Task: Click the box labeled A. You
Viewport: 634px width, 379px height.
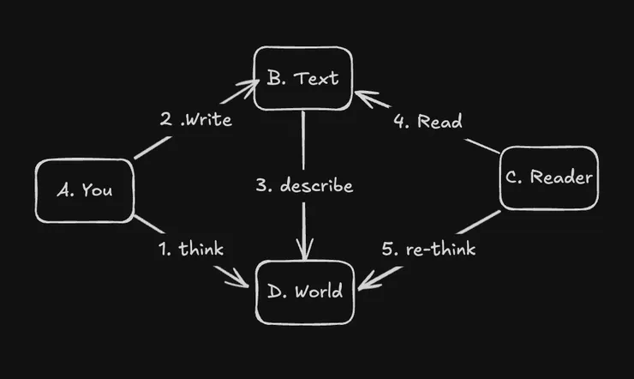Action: point(85,190)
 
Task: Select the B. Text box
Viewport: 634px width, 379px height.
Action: point(302,79)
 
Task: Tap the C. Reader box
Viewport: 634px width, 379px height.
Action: point(549,178)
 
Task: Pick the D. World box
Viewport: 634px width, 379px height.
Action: point(304,291)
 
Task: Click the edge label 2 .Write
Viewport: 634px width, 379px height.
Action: point(195,119)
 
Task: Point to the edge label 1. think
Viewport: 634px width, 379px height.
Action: point(190,250)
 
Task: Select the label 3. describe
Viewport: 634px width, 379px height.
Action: point(304,185)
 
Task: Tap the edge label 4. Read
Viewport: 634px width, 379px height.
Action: point(428,121)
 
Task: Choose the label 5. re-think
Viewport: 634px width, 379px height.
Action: point(428,250)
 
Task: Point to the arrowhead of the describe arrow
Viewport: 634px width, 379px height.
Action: point(305,256)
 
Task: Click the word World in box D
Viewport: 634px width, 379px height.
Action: point(317,292)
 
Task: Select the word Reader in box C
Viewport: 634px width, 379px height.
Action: point(561,178)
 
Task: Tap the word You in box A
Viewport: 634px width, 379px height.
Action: point(97,190)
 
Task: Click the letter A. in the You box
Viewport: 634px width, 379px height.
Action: point(67,190)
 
